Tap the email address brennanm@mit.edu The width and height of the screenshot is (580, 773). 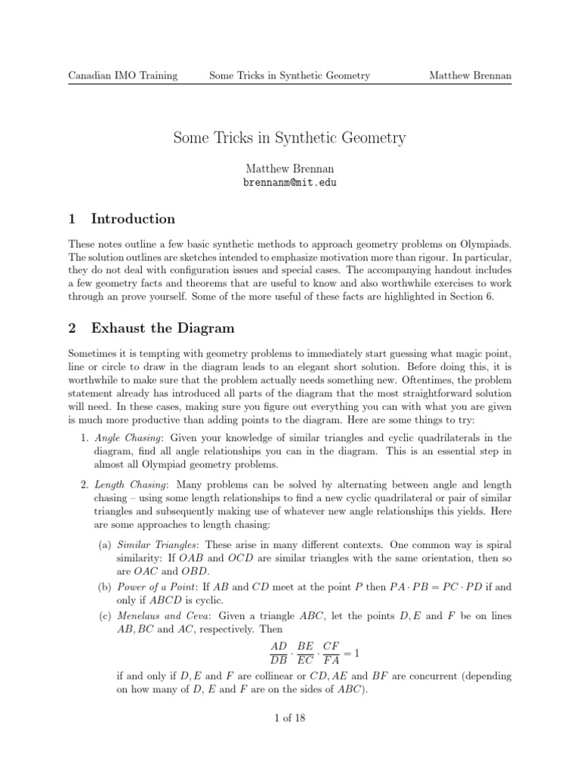pyautogui.click(x=289, y=183)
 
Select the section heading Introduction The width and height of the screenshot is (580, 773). pyautogui.click(x=132, y=219)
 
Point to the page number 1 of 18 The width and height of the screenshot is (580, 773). pyautogui.click(x=289, y=718)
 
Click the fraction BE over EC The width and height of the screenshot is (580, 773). pyautogui.click(x=305, y=654)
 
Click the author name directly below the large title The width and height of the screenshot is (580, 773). pyautogui.click(x=289, y=169)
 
